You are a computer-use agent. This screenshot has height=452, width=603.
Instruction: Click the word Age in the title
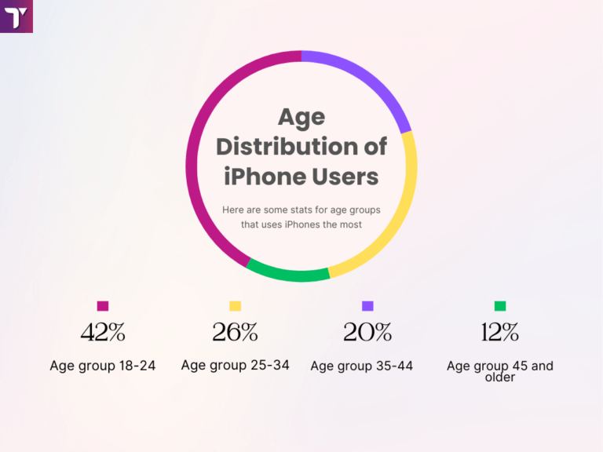click(301, 117)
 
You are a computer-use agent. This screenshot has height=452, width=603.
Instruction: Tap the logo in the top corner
click(16, 16)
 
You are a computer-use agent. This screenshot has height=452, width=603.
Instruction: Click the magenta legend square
click(103, 306)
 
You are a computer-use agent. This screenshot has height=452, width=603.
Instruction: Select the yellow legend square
click(235, 306)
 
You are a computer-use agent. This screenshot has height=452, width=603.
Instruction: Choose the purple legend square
click(367, 306)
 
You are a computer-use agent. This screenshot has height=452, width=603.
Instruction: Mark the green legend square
click(500, 306)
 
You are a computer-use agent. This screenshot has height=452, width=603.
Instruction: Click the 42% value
click(103, 333)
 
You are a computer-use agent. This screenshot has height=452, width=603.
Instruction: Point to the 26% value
click(235, 333)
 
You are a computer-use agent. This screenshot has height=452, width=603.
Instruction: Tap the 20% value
click(367, 333)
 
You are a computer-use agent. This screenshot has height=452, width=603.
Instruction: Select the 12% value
click(500, 333)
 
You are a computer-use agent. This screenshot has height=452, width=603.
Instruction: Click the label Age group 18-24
click(103, 366)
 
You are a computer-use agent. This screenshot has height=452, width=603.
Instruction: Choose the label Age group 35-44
click(361, 366)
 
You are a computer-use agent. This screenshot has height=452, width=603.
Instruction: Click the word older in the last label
click(500, 377)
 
